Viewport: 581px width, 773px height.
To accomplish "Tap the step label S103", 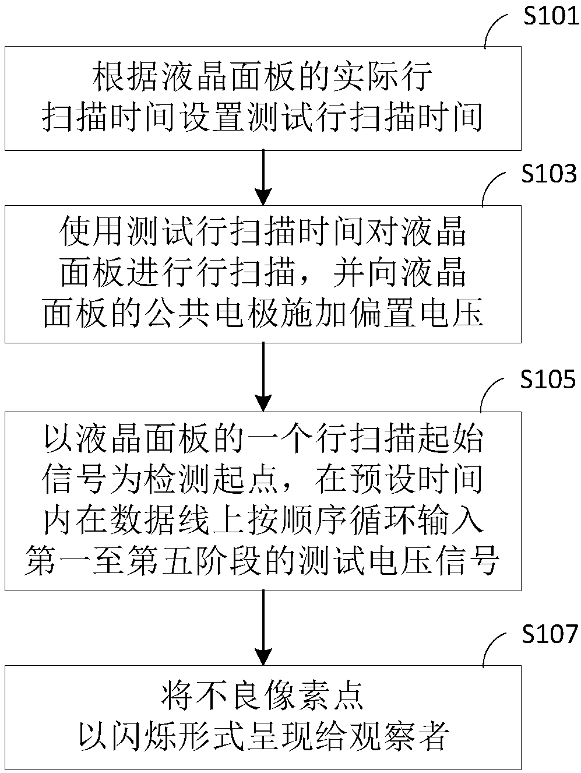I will (x=549, y=174).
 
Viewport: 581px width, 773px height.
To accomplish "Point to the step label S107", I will (x=550, y=634).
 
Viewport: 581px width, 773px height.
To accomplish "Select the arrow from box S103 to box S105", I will (x=264, y=377).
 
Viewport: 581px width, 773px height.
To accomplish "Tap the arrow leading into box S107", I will (x=264, y=627).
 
